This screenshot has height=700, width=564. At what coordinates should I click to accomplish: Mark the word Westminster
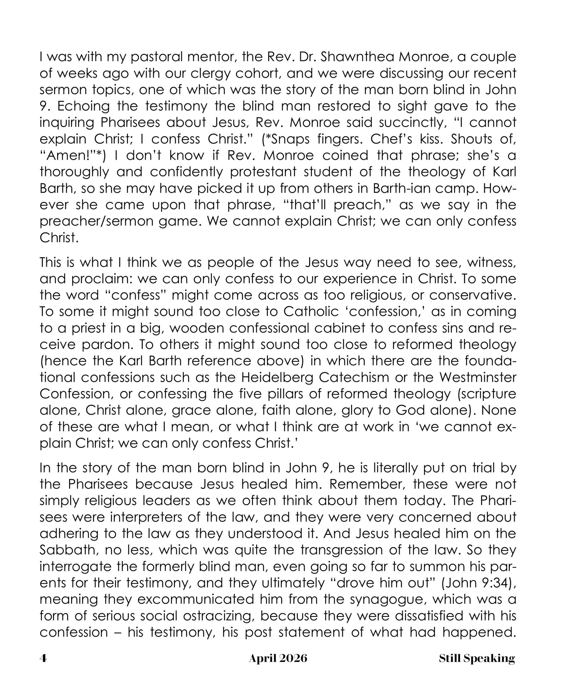coord(477,378)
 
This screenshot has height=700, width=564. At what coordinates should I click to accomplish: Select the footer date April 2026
coord(278,658)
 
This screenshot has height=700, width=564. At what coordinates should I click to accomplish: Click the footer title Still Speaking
coord(477,658)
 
